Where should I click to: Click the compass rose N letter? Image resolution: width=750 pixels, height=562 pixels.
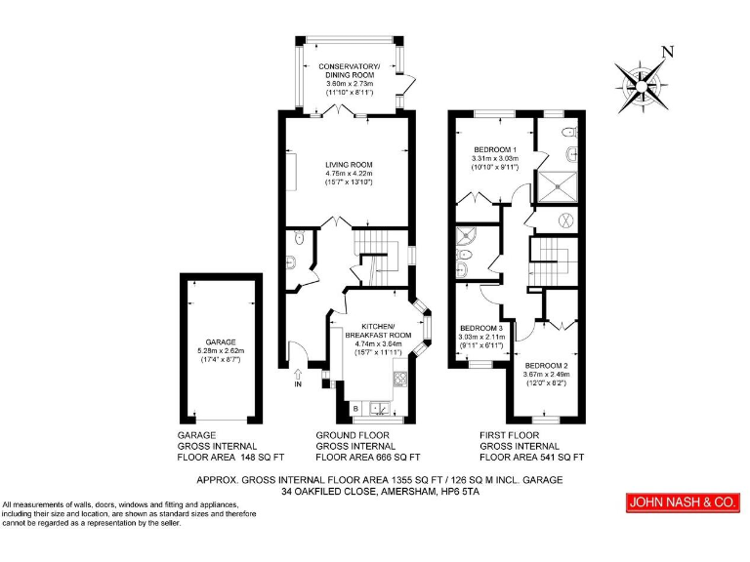[x=668, y=52]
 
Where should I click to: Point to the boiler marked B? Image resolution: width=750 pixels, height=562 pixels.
[x=355, y=407]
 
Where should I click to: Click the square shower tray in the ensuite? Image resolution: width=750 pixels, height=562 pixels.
[x=559, y=184]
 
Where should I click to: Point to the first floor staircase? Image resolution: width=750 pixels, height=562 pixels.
[x=550, y=258]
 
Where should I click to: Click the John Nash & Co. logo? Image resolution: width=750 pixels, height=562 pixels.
[x=681, y=502]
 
